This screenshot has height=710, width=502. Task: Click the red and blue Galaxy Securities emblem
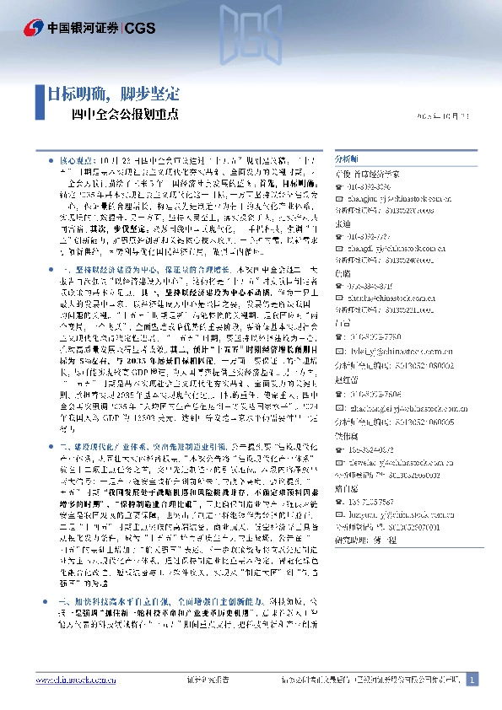click(35, 28)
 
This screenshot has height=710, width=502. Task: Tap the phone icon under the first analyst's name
click(339, 188)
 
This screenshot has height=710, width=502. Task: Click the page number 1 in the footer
click(472, 680)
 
